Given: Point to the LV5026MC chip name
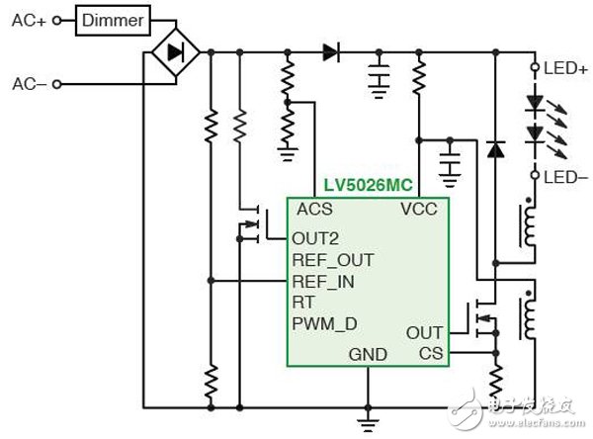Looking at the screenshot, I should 368,186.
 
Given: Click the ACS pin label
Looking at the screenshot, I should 314,210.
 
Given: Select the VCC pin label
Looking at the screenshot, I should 418,210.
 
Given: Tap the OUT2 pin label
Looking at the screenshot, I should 317,238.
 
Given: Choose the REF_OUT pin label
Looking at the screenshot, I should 333,260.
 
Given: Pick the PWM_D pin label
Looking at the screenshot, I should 323,323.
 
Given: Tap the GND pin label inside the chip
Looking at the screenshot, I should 367,353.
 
